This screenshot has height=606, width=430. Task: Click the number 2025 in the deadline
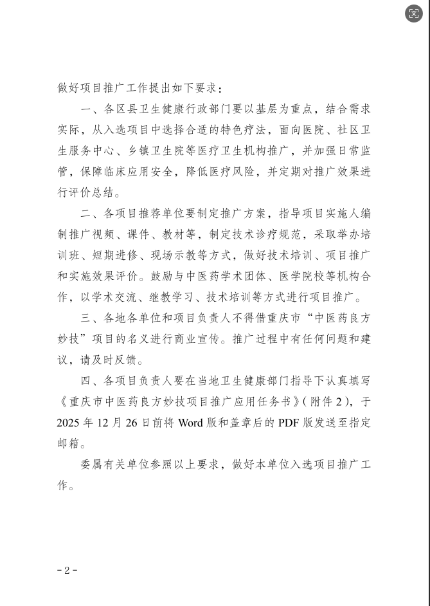70,423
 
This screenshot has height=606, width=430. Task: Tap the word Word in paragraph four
192,423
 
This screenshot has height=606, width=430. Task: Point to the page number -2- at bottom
67,570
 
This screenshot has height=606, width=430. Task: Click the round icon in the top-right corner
414,14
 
